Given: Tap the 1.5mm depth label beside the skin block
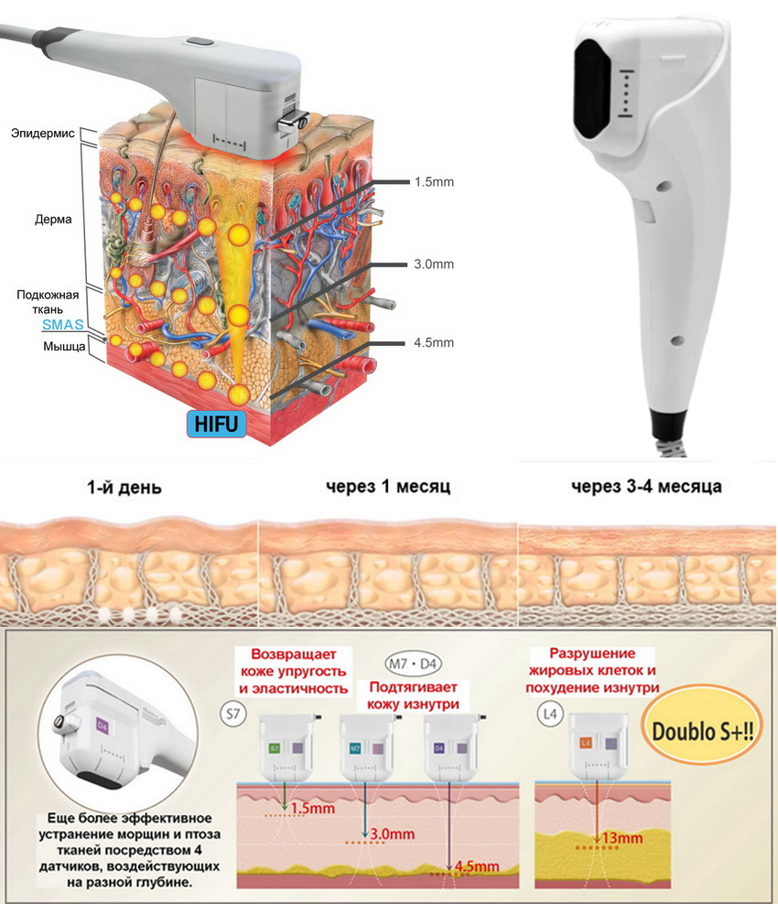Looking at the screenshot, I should click(434, 182).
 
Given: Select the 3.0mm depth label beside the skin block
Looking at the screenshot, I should click(434, 264).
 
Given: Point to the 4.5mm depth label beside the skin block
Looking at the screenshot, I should click(434, 343).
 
